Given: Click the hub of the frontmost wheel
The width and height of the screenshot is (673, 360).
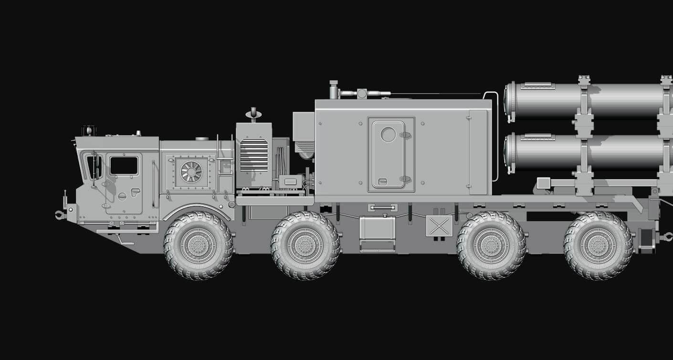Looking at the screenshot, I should point(198,245).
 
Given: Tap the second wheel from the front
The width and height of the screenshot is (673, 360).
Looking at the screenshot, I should point(305,245).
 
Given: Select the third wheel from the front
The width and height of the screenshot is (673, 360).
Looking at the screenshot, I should point(491,245).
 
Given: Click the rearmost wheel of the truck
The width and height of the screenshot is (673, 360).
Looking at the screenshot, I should point(598,245).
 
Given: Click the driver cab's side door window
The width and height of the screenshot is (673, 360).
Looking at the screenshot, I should point(124,166).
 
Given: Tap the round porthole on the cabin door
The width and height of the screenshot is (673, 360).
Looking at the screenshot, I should point(388,135).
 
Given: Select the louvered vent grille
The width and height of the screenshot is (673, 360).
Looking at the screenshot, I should point(254,155).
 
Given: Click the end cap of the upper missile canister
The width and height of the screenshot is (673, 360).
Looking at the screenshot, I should point(509,101).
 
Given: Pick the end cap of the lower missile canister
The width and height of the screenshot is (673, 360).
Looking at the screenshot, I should point(509,151).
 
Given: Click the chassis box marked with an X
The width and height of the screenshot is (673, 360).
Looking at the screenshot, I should point(439,225).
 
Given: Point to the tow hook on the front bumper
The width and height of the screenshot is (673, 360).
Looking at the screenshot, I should point(59,215).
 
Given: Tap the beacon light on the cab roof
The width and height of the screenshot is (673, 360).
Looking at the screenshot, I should point(89,130).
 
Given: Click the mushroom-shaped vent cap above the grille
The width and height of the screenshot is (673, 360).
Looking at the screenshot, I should point(253,114).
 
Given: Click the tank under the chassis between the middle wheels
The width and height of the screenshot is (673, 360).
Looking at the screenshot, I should point(377,228).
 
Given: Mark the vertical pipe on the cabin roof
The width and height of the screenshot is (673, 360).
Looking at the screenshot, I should point(333,90).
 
